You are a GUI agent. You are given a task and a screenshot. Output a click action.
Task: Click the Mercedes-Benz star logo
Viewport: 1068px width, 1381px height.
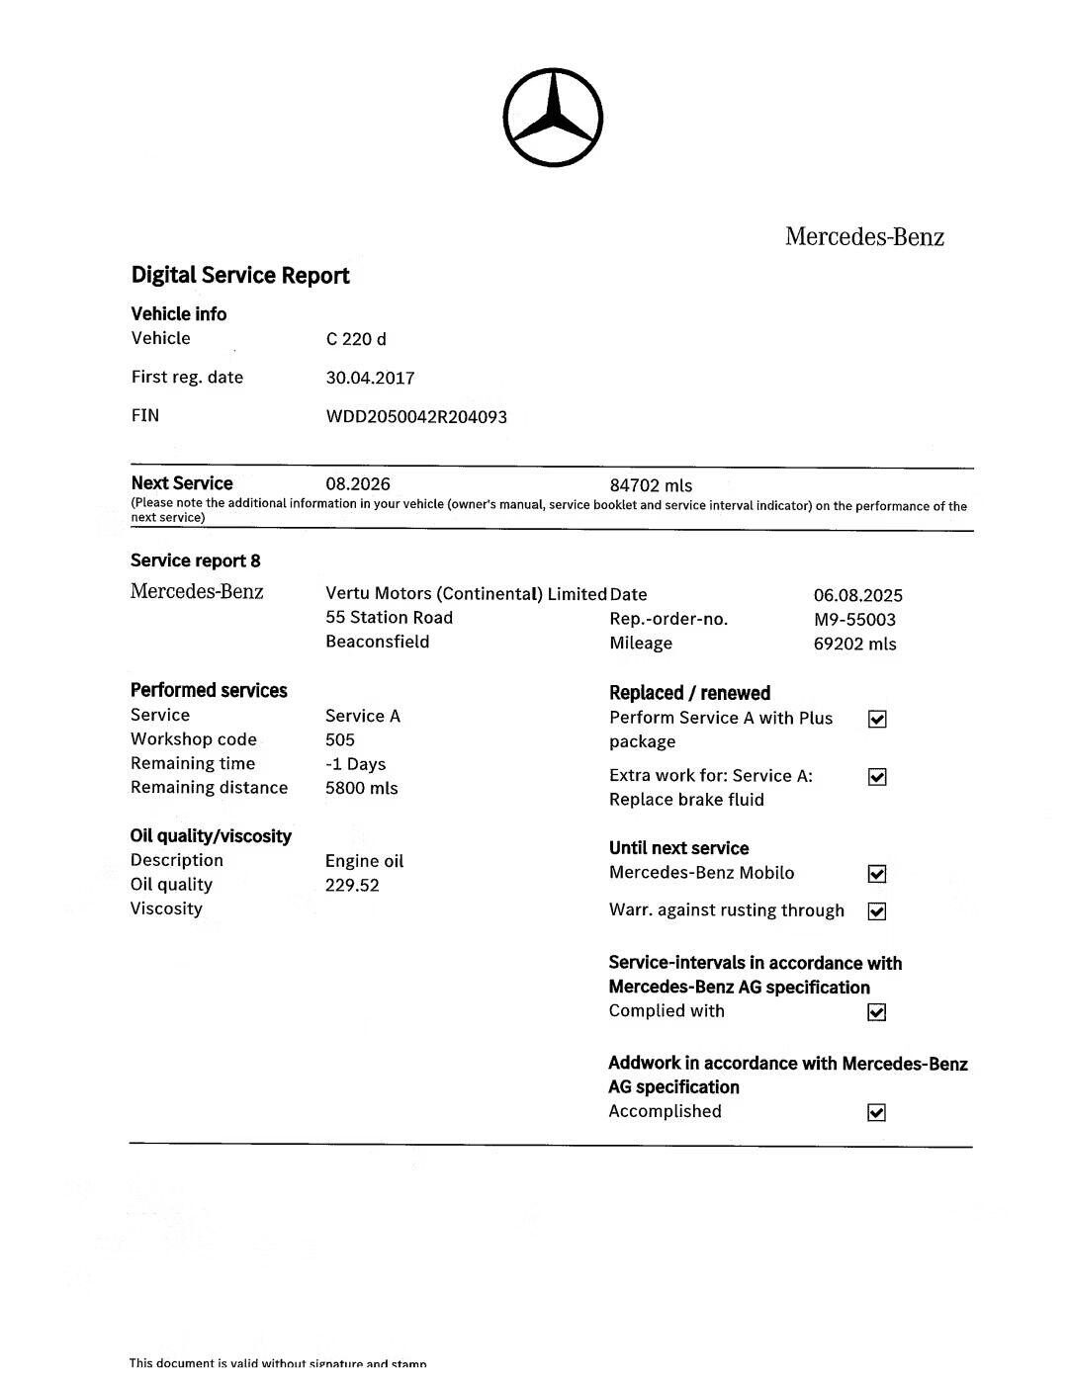coord(553,118)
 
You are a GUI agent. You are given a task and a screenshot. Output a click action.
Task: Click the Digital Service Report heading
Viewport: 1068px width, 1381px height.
coord(240,275)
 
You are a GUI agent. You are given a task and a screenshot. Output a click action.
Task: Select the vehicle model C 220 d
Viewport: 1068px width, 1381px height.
coord(356,339)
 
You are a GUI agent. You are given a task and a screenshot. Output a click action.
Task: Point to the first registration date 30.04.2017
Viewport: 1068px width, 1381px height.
coord(370,378)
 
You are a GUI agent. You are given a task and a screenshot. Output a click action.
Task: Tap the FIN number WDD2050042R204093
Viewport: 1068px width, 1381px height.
coord(416,416)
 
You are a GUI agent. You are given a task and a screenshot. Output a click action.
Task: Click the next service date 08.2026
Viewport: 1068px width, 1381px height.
coord(357,484)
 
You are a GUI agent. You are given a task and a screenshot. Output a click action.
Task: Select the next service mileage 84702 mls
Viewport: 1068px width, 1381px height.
coord(651,485)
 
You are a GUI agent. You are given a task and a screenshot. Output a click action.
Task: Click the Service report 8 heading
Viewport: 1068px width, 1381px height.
coord(196,561)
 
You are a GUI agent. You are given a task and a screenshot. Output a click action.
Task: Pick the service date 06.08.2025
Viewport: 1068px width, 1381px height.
coord(857,595)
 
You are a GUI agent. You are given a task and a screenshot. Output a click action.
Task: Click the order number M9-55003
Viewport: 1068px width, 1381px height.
coord(854,620)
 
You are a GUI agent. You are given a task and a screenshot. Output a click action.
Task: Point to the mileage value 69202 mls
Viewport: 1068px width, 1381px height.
coord(854,644)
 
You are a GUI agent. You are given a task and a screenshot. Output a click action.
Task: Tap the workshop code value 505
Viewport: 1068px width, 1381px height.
coord(339,739)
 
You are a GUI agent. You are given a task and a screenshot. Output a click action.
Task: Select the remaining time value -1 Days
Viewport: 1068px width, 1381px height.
coord(355,764)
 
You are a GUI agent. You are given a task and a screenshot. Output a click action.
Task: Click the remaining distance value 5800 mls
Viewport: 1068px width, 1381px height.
coord(361,788)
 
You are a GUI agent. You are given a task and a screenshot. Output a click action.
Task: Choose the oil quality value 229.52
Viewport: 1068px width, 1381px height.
coord(352,885)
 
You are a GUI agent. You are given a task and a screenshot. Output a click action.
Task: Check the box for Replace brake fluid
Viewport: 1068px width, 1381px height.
coord(877,777)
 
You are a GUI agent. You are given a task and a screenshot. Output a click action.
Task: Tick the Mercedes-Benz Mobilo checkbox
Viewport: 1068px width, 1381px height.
coord(877,874)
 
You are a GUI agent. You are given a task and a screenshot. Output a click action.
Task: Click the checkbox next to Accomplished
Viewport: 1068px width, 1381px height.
coord(877,1113)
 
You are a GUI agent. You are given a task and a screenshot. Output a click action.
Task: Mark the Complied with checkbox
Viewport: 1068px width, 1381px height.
coord(877,1012)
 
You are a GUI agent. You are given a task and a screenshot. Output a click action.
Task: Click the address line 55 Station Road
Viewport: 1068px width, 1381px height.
coord(389,617)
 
